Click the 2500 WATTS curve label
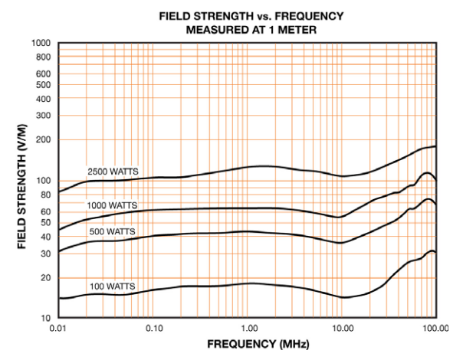click(113, 172)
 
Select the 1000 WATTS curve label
click(113, 205)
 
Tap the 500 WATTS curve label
click(112, 231)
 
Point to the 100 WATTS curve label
click(112, 286)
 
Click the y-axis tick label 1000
click(41, 43)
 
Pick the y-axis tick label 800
click(43, 57)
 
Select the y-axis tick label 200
click(43, 139)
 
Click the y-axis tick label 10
click(45, 318)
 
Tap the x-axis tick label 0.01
click(58, 328)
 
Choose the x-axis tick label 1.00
click(247, 328)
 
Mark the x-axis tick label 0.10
click(153, 328)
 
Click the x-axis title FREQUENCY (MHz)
click(247, 345)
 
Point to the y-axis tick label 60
click(45, 211)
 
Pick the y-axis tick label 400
click(43, 98)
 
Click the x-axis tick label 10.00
click(342, 328)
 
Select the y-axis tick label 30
click(45, 252)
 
